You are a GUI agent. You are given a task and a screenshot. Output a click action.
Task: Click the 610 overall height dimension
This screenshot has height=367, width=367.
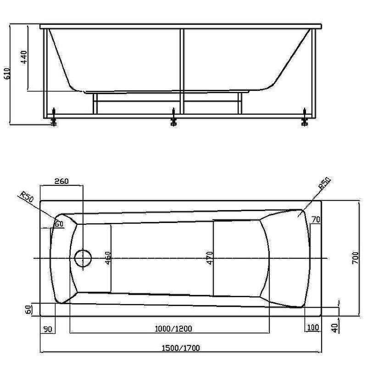coord(7,73)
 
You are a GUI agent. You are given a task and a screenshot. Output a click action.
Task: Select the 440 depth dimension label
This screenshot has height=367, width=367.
coord(24,57)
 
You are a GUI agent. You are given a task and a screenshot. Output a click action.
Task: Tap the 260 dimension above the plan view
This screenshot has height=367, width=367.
coord(61,181)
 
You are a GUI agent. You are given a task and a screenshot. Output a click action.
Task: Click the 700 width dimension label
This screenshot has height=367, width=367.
coord(355,258)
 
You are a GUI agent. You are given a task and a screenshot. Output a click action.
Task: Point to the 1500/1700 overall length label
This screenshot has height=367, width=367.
coord(181,348)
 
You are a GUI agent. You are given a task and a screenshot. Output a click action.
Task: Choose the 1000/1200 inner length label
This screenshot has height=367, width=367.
coord(173,328)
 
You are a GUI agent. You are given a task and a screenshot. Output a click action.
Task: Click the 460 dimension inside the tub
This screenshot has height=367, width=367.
coord(108,258)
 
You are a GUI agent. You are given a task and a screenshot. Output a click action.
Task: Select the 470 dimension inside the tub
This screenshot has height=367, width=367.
coord(210,258)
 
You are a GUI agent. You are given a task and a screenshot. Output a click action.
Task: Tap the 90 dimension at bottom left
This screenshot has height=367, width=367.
coord(48,329)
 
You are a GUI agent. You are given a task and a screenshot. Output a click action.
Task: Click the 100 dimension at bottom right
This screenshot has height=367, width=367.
coord(313,327)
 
